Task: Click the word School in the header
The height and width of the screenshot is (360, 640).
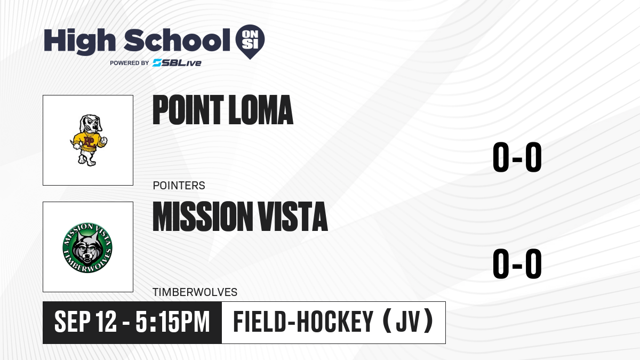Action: click(x=177, y=40)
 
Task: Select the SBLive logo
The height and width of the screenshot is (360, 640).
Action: click(x=177, y=63)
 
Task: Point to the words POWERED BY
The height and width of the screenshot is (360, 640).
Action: click(x=130, y=63)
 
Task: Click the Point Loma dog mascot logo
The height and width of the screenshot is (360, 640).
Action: click(x=89, y=140)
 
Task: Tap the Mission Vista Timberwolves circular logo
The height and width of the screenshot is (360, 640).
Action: click(x=87, y=247)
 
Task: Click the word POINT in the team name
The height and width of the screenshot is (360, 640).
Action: click(x=188, y=110)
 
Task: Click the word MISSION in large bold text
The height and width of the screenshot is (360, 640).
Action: click(x=203, y=216)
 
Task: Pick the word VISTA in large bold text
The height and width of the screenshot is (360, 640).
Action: click(x=293, y=216)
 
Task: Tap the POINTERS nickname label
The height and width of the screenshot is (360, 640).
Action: click(x=179, y=186)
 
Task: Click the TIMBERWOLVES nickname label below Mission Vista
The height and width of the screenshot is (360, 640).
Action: click(x=195, y=292)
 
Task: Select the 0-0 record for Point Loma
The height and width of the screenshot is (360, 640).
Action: click(x=517, y=157)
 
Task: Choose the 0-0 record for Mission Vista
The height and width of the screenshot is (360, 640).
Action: click(x=517, y=263)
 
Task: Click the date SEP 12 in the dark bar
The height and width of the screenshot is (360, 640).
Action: click(x=85, y=322)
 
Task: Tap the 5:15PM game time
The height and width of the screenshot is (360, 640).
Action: click(x=173, y=322)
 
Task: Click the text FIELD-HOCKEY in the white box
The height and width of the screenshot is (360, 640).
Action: click(x=303, y=322)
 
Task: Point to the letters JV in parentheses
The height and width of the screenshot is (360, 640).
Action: click(x=408, y=322)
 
